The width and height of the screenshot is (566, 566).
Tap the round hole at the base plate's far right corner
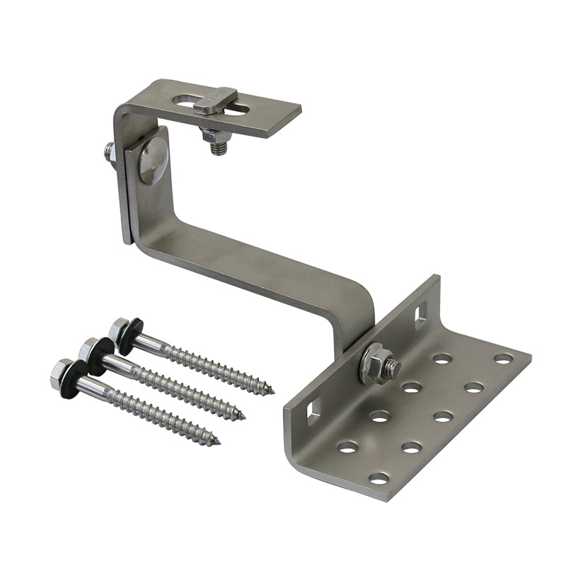[503, 359]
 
